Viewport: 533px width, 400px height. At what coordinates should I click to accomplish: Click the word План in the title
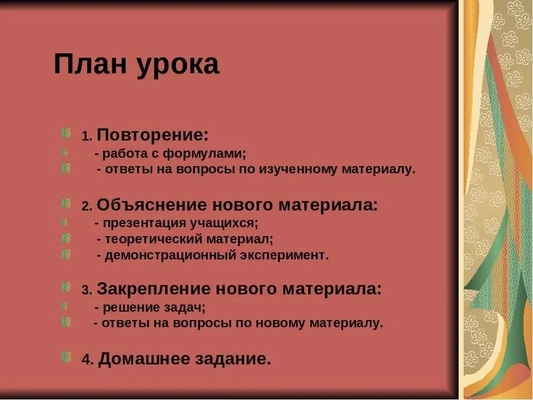tap(89, 64)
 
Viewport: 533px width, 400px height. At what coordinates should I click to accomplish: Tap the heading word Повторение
tap(153, 134)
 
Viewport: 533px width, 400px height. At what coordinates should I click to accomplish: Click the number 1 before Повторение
tap(86, 136)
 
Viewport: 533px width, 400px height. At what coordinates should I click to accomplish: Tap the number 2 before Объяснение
tap(86, 207)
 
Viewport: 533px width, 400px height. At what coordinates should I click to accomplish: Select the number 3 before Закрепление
tap(86, 291)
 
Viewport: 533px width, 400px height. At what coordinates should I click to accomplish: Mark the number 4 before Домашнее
tap(87, 360)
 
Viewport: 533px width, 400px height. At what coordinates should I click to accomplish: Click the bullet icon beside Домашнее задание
tap(66, 357)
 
